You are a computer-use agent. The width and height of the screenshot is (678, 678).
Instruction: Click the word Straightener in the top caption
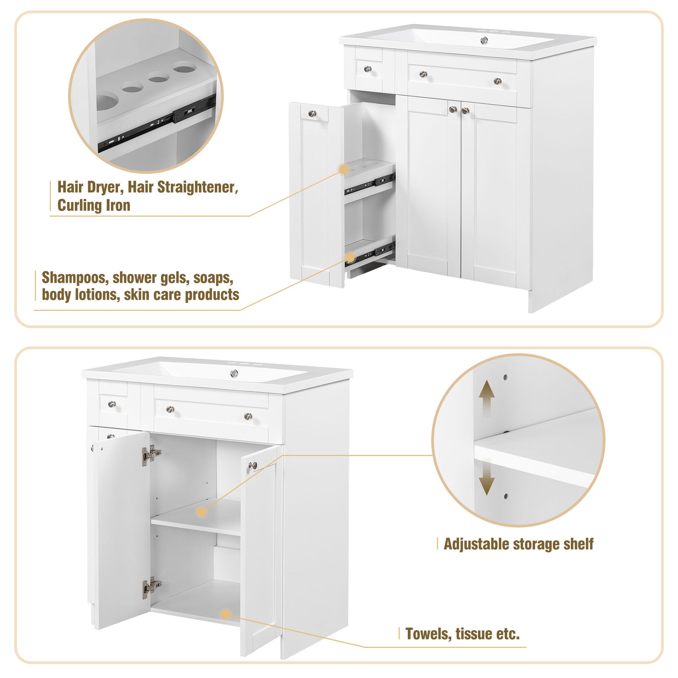[197, 187]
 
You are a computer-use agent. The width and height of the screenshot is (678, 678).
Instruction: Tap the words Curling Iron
[94, 205]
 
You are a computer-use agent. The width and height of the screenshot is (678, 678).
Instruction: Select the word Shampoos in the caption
[75, 278]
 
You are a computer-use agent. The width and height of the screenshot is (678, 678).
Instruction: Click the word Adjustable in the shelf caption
[476, 544]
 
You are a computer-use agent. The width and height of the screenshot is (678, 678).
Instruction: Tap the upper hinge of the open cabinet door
[151, 455]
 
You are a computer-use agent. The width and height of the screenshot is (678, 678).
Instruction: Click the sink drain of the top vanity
[484, 41]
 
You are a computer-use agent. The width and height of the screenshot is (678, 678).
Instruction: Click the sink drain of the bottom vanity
[234, 374]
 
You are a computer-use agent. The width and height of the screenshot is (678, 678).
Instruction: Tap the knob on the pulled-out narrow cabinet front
[312, 113]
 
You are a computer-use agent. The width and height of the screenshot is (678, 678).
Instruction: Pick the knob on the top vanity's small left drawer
[368, 69]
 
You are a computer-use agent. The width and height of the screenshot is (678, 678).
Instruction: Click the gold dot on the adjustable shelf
[201, 512]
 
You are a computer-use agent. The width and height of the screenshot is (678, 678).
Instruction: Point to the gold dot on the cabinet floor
[226, 614]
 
